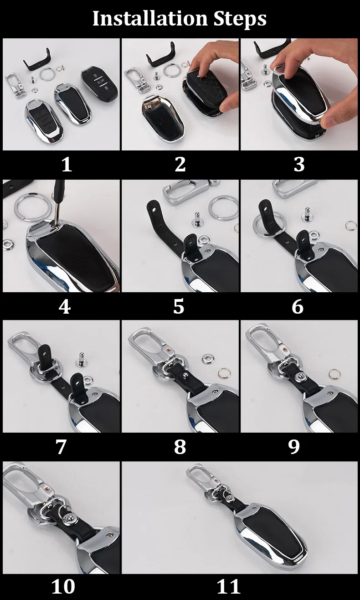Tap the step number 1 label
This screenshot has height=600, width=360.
coord(67,164)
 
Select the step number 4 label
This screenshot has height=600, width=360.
coord(65,306)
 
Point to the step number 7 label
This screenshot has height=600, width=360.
coord(61,447)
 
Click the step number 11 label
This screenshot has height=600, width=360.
coord(228,587)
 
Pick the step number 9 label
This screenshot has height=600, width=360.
coord(294,447)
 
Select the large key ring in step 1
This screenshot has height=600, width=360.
coord(47,74)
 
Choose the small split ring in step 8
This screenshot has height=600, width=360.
coord(223,372)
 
